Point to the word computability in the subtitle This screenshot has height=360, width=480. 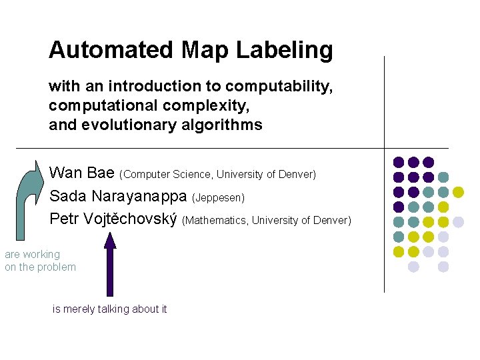279,87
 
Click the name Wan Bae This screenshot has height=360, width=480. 82,174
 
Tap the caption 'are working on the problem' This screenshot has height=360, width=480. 40,261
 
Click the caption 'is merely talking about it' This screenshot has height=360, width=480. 110,309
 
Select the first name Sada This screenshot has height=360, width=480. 65,197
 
